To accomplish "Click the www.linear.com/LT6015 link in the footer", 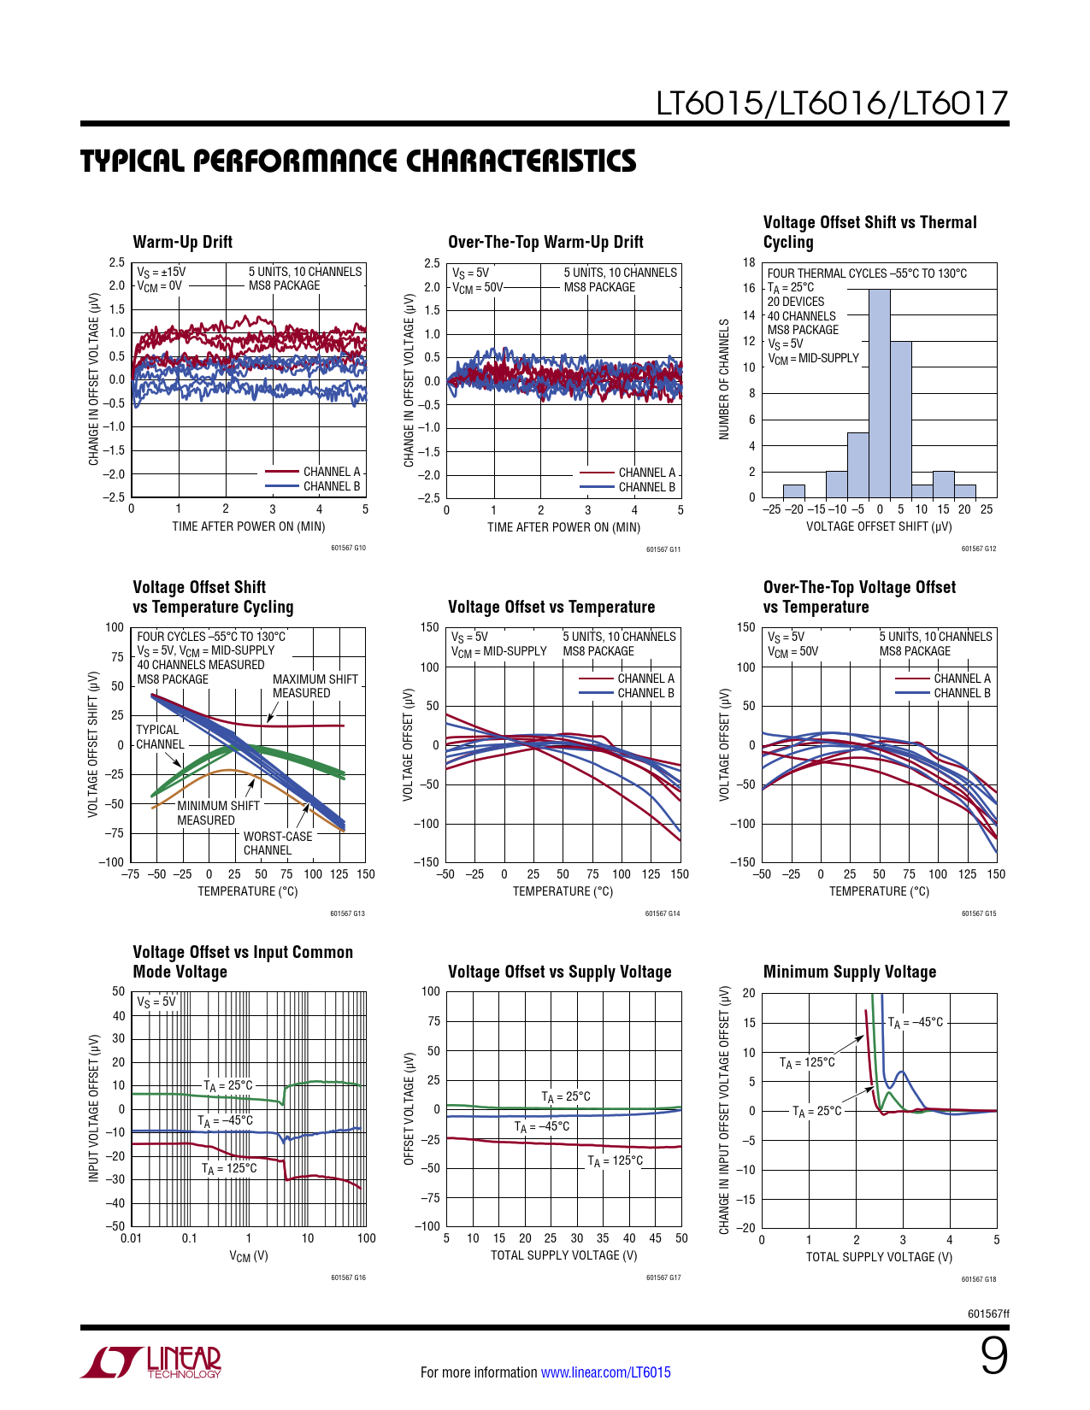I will click(605, 1372).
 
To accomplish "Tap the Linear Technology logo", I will click(151, 1362).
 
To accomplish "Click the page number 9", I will click(993, 1356).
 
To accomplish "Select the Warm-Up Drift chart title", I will click(182, 242).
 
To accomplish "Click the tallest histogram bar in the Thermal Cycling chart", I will click(880, 393).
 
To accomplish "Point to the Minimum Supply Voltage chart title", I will click(849, 972).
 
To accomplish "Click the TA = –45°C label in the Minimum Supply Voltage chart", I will click(915, 1022).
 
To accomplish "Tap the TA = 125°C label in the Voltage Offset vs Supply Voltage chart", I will click(615, 1160).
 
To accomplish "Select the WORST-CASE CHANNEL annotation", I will click(278, 843).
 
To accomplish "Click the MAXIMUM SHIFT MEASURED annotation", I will click(315, 686).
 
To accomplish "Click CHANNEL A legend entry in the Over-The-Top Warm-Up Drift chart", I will click(646, 473).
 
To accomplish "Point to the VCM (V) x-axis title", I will click(248, 1256).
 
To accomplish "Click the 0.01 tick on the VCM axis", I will click(131, 1238).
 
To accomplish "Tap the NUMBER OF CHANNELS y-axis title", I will click(724, 379).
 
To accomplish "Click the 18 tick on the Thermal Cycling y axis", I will click(749, 262).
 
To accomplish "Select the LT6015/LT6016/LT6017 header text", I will click(832, 103).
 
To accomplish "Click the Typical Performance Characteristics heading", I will click(358, 162).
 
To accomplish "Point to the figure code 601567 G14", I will click(663, 914).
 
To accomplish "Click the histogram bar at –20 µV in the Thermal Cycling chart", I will click(794, 491).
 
